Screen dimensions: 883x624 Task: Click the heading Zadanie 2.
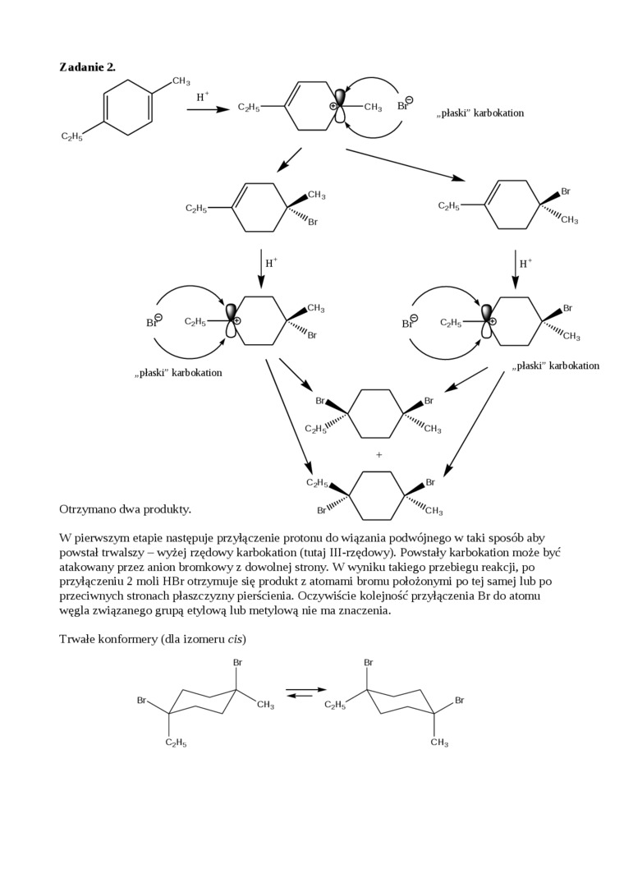pyautogui.click(x=87, y=67)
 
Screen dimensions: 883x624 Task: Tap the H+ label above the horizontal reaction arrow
pyautogui.click(x=202, y=97)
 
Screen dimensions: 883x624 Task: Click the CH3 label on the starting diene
pyautogui.click(x=181, y=81)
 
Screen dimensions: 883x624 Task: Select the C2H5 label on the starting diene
pyautogui.click(x=71, y=136)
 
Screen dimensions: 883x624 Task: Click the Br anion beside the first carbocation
pyautogui.click(x=404, y=104)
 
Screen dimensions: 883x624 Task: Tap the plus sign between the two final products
pyautogui.click(x=379, y=454)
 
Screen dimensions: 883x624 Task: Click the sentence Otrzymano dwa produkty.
pyautogui.click(x=125, y=509)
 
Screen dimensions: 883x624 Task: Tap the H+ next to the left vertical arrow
pyautogui.click(x=271, y=263)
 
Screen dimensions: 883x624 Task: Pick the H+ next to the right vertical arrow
pyautogui.click(x=525, y=263)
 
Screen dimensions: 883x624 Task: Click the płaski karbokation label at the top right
pyautogui.click(x=479, y=113)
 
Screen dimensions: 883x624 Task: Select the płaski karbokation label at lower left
pyautogui.click(x=178, y=373)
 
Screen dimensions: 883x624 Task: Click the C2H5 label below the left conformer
pyautogui.click(x=176, y=743)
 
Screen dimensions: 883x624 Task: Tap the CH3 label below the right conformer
pyautogui.click(x=439, y=743)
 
